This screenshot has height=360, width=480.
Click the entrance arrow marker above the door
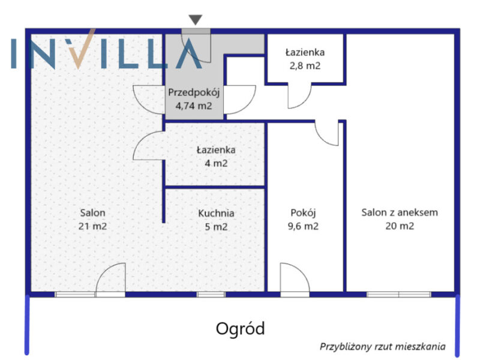pos(196,19)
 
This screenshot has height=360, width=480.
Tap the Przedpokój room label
pos(194,92)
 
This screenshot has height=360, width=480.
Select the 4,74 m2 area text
pos(194,106)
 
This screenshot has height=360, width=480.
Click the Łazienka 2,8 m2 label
pos(305,59)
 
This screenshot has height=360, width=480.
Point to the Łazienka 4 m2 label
pos(216,157)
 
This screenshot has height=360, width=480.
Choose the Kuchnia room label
pos(216,213)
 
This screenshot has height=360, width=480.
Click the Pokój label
pos(303,212)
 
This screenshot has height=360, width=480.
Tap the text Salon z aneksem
pos(400,212)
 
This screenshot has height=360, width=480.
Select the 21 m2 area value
pos(93,226)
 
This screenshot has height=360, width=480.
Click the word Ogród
pos(241,329)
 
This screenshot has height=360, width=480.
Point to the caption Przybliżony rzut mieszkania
pos(383,347)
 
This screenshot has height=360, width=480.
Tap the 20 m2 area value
pos(400,226)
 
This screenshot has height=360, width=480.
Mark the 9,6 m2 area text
pos(303,226)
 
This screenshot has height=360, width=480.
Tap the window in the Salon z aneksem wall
pos(399,295)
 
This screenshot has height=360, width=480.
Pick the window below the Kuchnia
pos(211,295)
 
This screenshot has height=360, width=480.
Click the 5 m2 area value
pos(216,227)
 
